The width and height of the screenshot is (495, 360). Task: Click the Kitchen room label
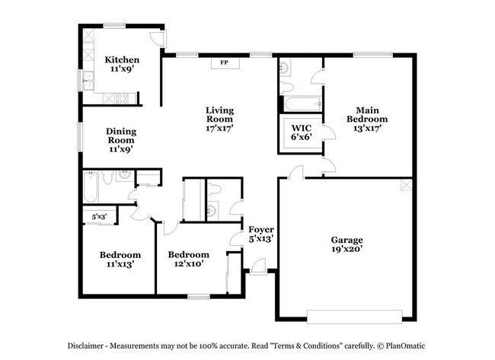[122, 65]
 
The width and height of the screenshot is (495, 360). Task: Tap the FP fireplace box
[225, 62]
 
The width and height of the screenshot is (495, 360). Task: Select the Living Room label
[219, 120]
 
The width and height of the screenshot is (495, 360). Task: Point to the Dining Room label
[120, 140]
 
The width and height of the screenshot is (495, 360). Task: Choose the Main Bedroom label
[367, 119]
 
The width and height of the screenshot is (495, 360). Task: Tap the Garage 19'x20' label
[346, 244]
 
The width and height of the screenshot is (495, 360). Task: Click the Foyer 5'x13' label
[261, 234]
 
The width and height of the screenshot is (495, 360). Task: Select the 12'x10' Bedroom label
[188, 260]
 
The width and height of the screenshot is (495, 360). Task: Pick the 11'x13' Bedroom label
[120, 260]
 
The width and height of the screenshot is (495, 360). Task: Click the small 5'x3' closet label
[100, 217]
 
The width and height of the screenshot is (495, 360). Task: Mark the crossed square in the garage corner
[407, 186]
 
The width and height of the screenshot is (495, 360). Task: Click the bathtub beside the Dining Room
[90, 189]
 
